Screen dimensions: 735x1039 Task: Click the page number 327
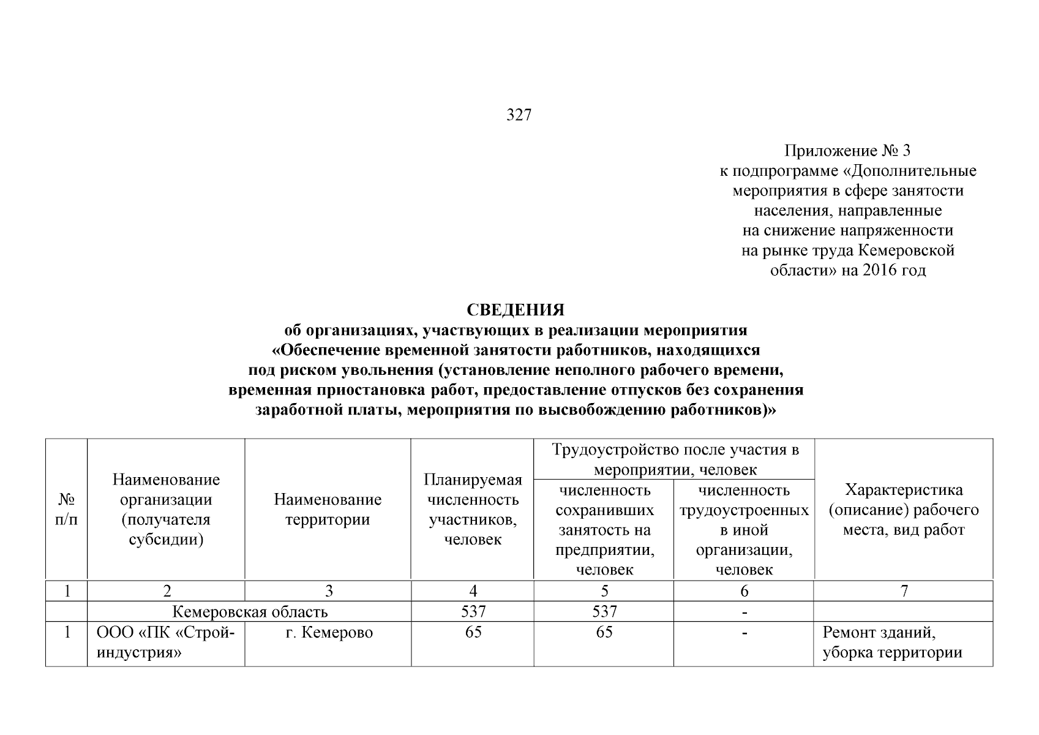point(519,115)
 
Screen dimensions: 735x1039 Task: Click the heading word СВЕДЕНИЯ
point(516,310)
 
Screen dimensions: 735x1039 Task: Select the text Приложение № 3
point(848,150)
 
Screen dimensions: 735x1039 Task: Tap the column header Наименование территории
point(328,510)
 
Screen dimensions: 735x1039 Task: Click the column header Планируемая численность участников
point(473,509)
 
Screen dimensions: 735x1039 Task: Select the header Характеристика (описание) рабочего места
point(903,510)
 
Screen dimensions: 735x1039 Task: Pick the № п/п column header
point(67,510)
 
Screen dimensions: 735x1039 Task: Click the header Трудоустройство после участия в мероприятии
point(675,459)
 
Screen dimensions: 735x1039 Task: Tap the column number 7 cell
point(904,591)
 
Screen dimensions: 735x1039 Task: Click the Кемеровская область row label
point(250,611)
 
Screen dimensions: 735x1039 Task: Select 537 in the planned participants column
point(473,611)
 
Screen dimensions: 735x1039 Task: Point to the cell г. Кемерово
point(329,632)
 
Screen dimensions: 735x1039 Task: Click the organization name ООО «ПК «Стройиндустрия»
point(166,643)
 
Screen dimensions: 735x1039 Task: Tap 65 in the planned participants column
point(473,632)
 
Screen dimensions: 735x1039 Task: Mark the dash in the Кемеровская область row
point(744,612)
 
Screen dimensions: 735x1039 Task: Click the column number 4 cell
point(473,591)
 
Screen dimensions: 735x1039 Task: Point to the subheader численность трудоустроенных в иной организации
point(744,530)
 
